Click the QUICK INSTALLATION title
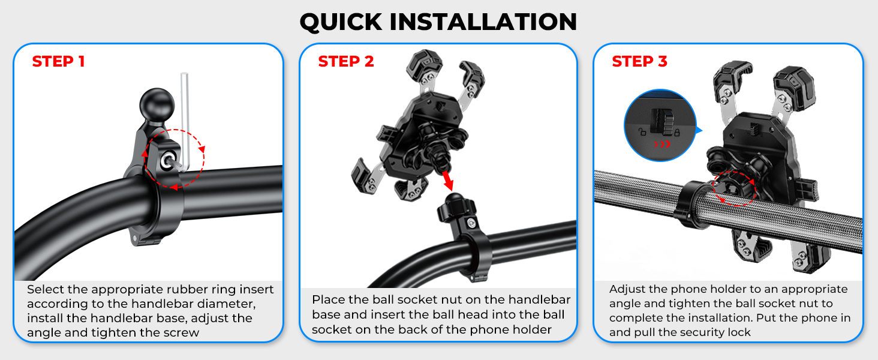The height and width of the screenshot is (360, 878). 438,22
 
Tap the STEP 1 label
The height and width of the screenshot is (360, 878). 58,61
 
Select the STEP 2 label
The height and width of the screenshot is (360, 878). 346,61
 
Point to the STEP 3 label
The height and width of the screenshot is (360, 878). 639,61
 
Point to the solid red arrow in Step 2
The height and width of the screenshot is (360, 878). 447,179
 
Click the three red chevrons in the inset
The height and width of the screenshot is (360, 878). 661,144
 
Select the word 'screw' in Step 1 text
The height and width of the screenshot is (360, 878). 182,332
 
